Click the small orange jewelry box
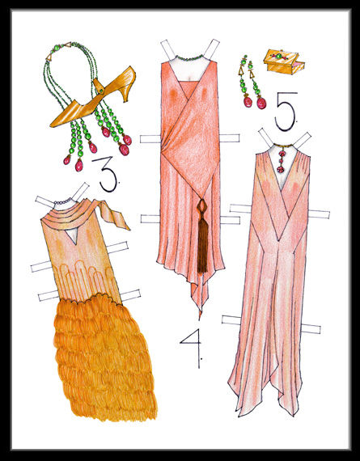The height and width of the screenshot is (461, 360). click(282, 63)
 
